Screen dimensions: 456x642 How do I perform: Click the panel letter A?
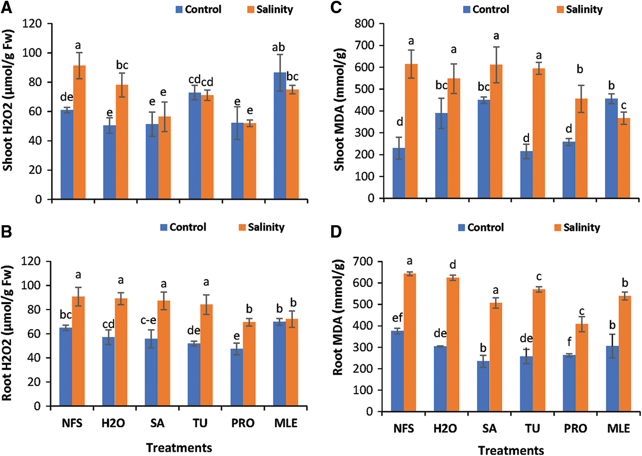[6, 8]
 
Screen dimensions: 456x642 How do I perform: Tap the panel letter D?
[336, 232]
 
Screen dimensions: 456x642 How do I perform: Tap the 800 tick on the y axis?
[364, 24]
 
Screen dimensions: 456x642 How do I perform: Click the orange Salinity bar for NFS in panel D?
[410, 342]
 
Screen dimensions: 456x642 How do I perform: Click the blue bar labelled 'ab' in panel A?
[280, 136]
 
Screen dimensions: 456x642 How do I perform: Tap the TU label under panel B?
[200, 423]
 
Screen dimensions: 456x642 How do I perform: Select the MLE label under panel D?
[618, 429]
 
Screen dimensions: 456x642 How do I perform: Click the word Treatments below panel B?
[179, 448]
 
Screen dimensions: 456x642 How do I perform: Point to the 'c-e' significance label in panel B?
[148, 320]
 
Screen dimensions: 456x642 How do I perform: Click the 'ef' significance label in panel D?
[397, 318]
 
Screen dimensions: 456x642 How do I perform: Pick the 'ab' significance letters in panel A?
[278, 48]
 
